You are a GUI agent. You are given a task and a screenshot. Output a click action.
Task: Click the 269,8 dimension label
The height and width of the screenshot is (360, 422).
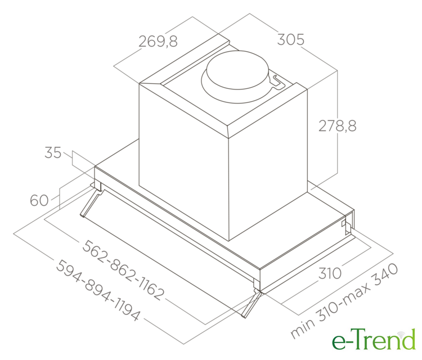158,41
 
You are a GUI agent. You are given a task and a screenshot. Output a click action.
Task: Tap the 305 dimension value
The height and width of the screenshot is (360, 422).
291,39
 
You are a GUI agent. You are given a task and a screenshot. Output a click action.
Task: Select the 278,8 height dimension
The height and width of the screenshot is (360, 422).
338,125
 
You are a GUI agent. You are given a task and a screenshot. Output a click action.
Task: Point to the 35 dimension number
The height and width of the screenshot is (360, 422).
53,152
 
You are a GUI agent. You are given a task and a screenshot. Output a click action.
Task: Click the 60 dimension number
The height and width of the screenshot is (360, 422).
39,200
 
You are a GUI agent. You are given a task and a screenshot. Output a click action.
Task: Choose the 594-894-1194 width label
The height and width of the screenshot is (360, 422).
98,290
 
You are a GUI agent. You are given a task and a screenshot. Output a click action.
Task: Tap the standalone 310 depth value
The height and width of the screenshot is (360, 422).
330,273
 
